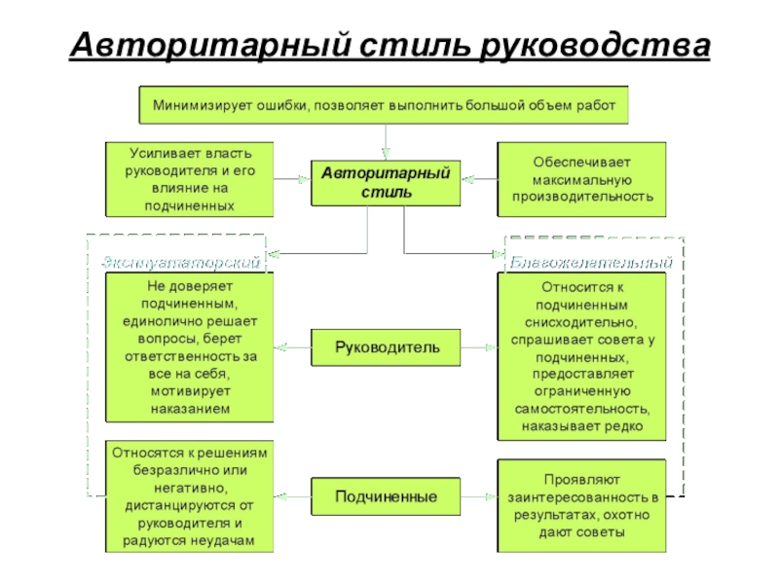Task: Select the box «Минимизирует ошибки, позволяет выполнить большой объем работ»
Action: point(384,105)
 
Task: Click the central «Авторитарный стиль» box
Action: point(386,182)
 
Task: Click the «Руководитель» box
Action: point(386,345)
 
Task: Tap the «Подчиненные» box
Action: point(386,496)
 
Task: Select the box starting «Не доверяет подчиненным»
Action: point(190,348)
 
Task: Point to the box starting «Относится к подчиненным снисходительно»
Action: point(581,356)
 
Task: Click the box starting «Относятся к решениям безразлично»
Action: point(190,496)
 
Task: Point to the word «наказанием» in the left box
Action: point(191,409)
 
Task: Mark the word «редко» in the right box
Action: point(620,426)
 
